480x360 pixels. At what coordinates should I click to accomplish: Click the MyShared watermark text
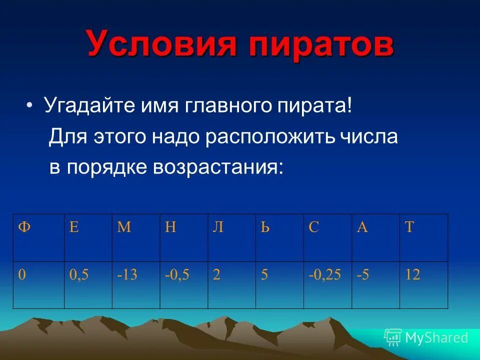pyautogui.click(x=436, y=338)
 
